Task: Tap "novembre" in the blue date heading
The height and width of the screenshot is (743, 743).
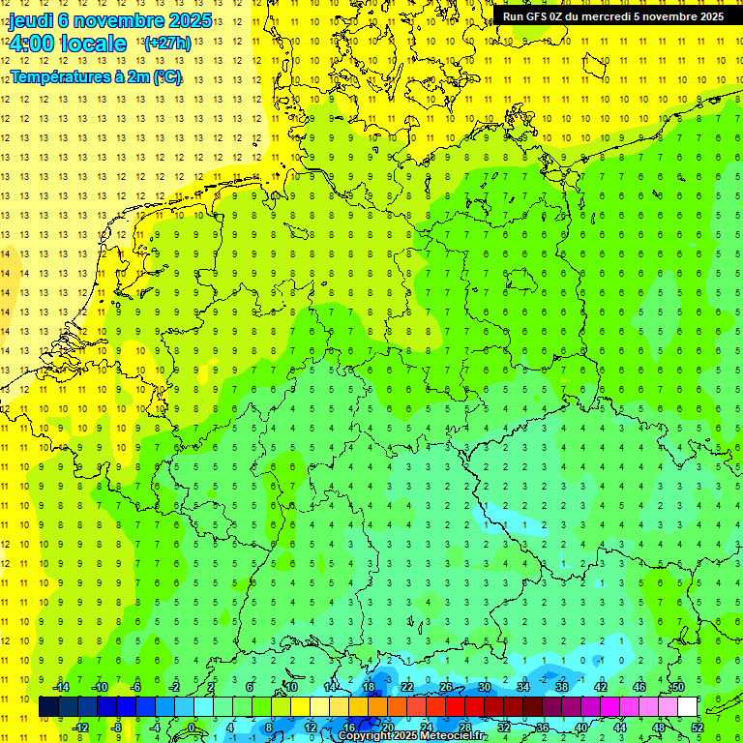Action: click(123, 20)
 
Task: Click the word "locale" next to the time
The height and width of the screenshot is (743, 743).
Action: click(93, 44)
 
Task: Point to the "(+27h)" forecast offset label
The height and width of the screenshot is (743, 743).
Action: click(167, 44)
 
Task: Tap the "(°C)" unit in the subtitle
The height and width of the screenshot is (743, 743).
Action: click(166, 76)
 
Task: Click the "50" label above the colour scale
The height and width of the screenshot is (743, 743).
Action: click(678, 687)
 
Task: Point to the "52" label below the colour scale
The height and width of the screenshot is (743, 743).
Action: click(698, 728)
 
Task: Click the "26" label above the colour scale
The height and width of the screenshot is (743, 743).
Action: click(446, 687)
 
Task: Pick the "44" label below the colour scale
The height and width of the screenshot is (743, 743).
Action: click(620, 728)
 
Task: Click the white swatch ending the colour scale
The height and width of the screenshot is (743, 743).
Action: click(688, 707)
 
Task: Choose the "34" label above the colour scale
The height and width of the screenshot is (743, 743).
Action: click(523, 687)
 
